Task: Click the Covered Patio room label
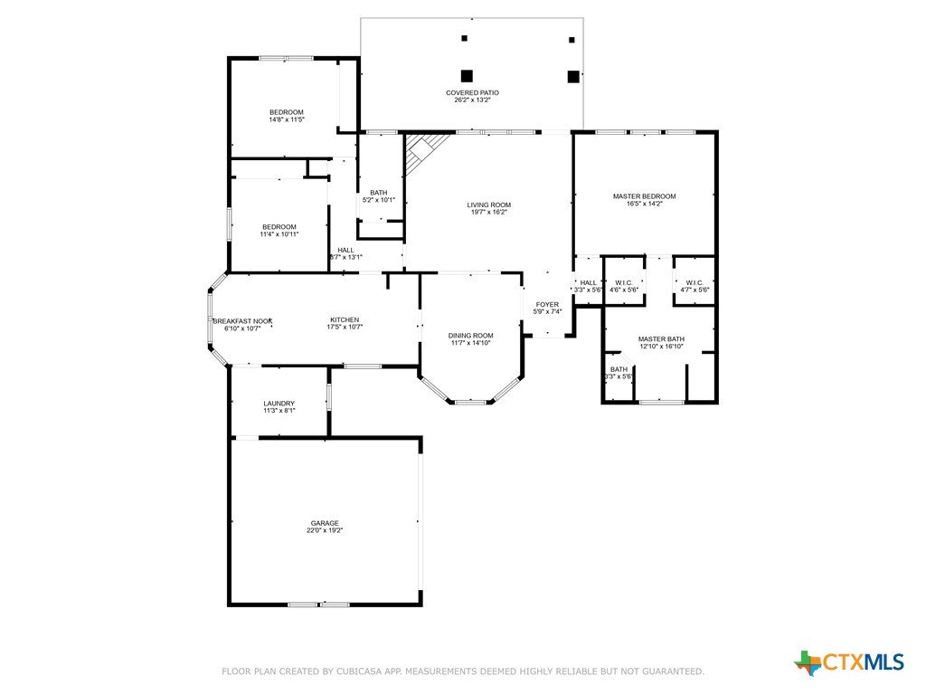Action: pos(472,93)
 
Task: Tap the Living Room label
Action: pos(489,205)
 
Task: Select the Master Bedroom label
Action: pos(644,196)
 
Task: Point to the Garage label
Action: pos(325,523)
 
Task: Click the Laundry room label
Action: pos(279,404)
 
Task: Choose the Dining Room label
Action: pos(470,336)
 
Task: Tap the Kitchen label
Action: pos(345,319)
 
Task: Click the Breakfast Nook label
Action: pos(242,321)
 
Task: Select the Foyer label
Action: pos(547,304)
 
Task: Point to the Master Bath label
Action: pos(661,339)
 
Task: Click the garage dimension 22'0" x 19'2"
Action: pos(325,530)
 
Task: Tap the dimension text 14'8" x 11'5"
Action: pos(287,120)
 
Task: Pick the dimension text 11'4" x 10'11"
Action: pos(279,234)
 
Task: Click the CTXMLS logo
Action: pos(849,662)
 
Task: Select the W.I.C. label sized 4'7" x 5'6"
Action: pos(694,282)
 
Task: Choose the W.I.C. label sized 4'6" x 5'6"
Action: pos(624,282)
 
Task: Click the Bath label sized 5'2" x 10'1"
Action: pos(379,193)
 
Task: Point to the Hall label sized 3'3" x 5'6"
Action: pos(588,282)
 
